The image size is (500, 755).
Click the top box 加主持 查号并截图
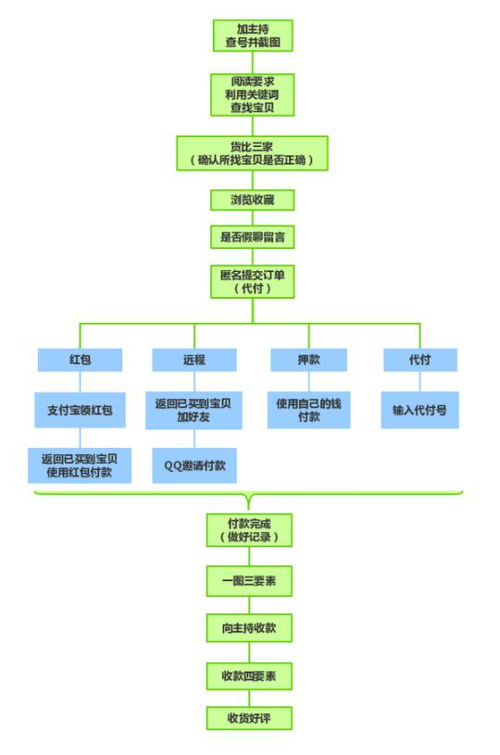pos(253,36)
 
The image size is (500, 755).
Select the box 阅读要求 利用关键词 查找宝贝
pos(253,94)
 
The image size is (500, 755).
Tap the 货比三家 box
pos(253,153)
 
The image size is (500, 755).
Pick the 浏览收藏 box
pos(253,200)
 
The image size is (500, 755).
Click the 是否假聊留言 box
pos(253,237)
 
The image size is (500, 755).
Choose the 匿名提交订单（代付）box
pos(253,281)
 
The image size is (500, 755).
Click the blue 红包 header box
pos(80,360)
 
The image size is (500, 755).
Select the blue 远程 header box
pos(194,360)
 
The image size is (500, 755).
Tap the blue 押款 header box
pos(308,360)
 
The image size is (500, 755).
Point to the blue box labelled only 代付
pos(420,360)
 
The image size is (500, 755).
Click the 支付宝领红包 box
pos(80,410)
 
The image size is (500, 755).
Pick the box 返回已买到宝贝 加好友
pos(194,410)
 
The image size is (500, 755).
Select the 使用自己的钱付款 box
pos(308,410)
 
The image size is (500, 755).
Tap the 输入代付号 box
pos(420,410)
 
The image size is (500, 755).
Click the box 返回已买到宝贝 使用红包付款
pos(80,465)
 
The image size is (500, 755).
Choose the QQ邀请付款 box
pos(194,465)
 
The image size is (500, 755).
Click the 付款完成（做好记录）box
pos(249,530)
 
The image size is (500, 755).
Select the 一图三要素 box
pos(249,581)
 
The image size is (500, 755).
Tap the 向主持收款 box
pos(249,628)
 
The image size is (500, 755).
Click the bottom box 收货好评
pos(249,718)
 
